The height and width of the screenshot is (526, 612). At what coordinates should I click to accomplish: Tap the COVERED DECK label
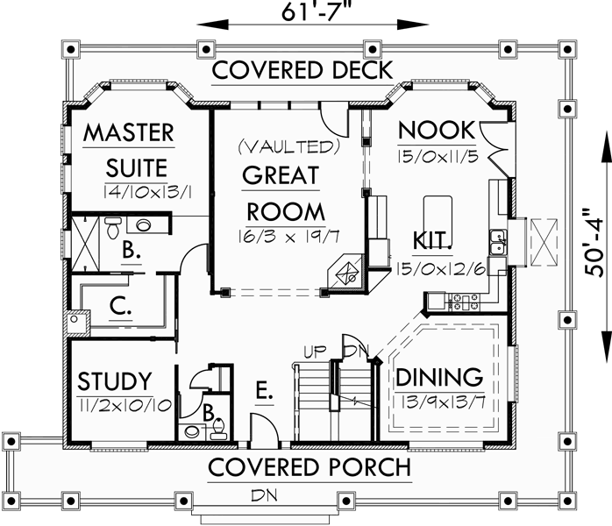point(303,70)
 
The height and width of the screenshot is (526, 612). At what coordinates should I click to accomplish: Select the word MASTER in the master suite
point(129,133)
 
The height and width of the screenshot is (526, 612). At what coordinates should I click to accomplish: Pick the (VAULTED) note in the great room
point(288,145)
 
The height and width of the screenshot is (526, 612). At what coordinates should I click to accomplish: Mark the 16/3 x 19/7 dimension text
point(283,236)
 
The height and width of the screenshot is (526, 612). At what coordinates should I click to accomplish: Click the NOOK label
point(436,131)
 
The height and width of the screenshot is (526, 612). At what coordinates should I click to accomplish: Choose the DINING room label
point(439,378)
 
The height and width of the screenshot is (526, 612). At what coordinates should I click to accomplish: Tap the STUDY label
point(114,381)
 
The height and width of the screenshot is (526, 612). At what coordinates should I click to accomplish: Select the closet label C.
point(121,308)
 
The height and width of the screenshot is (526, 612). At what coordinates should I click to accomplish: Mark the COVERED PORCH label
point(309,466)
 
